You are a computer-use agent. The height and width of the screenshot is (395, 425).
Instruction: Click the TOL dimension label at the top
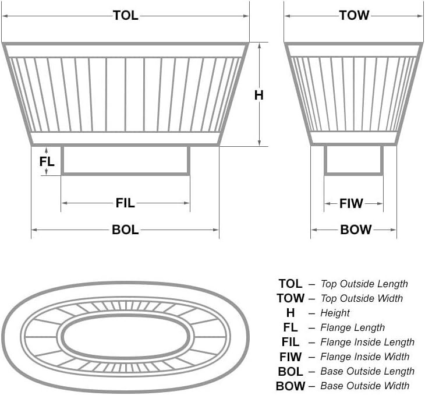pyautogui.click(x=125, y=16)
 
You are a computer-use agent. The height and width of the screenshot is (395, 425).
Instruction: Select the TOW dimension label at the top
pyautogui.click(x=354, y=16)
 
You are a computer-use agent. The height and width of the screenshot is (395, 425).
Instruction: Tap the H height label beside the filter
pyautogui.click(x=259, y=95)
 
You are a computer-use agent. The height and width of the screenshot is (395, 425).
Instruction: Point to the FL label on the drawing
pyautogui.click(x=47, y=161)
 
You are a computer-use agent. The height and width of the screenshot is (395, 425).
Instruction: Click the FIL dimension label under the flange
pyautogui.click(x=125, y=203)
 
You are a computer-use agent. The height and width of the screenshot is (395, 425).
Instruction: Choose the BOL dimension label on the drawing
pyautogui.click(x=125, y=230)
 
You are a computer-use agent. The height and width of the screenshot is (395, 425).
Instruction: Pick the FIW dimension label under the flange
pyautogui.click(x=351, y=203)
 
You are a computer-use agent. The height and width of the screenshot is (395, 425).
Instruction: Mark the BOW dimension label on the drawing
pyautogui.click(x=356, y=230)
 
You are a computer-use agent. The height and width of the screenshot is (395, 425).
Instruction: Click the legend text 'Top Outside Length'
pyautogui.click(x=364, y=284)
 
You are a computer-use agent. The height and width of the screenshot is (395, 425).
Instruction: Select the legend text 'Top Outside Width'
pyautogui.click(x=362, y=299)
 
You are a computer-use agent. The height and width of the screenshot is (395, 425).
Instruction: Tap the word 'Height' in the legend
pyautogui.click(x=335, y=313)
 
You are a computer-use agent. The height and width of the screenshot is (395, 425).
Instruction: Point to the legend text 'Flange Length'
pyautogui.click(x=353, y=328)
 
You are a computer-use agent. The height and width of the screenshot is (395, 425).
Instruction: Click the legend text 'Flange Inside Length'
pyautogui.click(x=367, y=343)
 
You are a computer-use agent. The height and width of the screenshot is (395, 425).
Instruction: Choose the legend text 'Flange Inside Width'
pyautogui.click(x=364, y=357)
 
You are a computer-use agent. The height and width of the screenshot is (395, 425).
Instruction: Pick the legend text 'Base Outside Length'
pyautogui.click(x=367, y=371)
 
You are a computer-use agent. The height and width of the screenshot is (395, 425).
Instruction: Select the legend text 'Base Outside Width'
pyautogui.click(x=365, y=386)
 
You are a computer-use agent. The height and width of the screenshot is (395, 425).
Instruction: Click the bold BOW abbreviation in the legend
pyautogui.click(x=291, y=386)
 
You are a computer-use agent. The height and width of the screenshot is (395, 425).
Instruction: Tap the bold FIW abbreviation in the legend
pyautogui.click(x=291, y=357)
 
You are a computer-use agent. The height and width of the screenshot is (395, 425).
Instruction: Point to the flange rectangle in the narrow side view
pyautogui.click(x=353, y=160)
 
